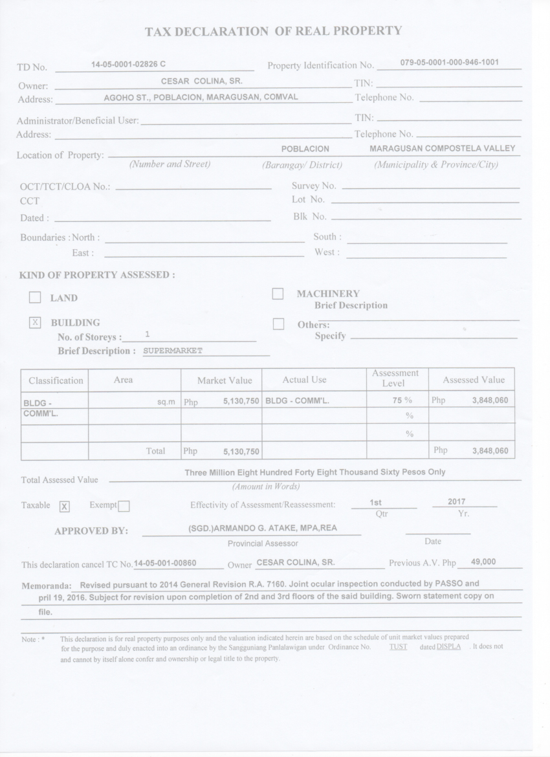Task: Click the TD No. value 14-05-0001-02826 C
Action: [129, 64]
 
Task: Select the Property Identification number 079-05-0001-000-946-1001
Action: [449, 63]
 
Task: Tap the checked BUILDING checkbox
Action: [36, 322]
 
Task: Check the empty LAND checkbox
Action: [36, 298]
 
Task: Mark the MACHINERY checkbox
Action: [278, 294]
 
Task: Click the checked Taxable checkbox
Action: [65, 506]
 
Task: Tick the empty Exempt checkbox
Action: [124, 506]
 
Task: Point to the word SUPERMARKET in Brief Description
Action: [173, 351]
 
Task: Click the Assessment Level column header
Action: [395, 378]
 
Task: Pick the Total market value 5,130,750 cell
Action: [241, 451]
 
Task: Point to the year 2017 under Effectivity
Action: [457, 501]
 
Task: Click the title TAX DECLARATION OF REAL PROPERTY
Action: [273, 31]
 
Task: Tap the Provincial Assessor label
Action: [263, 543]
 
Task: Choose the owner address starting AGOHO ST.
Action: [201, 98]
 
